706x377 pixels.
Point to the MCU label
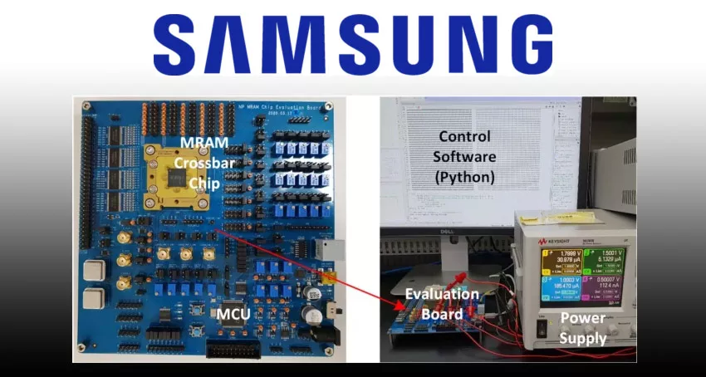(x=234, y=315)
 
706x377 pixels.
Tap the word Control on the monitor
(x=464, y=136)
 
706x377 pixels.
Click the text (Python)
(x=464, y=177)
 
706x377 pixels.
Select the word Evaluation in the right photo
(x=441, y=295)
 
